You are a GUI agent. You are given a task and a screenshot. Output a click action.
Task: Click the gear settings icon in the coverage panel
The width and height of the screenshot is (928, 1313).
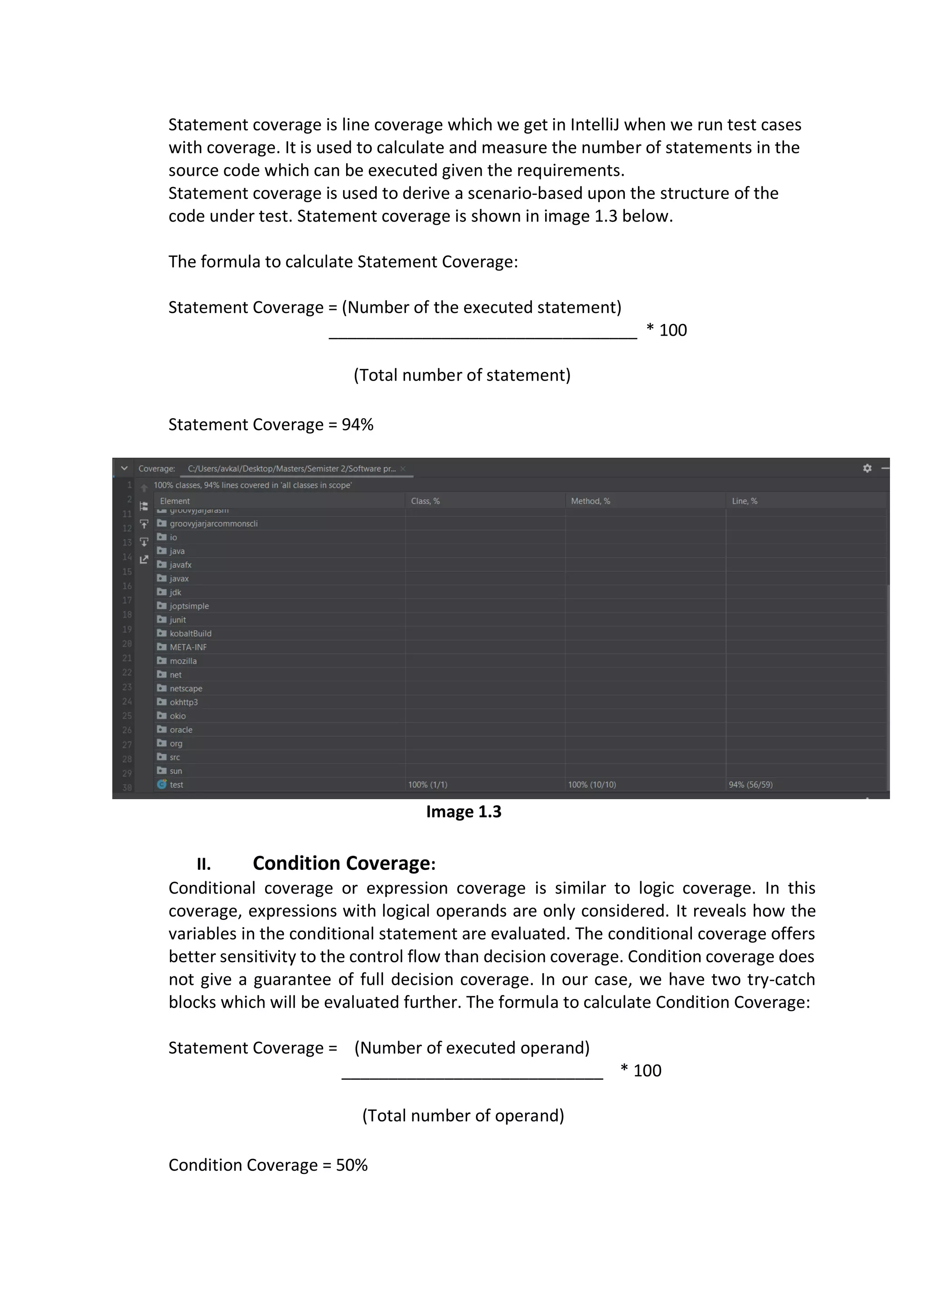pos(867,468)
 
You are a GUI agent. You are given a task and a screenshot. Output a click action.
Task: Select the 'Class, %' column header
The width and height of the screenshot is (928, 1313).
pos(425,501)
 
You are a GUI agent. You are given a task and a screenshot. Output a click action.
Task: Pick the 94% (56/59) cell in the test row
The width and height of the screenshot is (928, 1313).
pos(750,785)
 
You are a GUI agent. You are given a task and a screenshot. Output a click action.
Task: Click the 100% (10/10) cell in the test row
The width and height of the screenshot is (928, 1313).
pos(592,785)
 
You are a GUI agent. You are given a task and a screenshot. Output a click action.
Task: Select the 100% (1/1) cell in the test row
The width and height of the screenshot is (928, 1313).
pos(428,785)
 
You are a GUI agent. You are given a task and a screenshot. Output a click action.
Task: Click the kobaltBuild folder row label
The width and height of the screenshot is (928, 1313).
pos(190,634)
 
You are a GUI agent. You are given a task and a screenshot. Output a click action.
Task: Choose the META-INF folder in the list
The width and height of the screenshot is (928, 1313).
pos(188,647)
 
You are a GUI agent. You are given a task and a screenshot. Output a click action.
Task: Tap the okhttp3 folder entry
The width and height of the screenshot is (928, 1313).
pos(183,702)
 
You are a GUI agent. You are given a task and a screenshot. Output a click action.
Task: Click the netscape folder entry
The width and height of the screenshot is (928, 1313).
pos(185,689)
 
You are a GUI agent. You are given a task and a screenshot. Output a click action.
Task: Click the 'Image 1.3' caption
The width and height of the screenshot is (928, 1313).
pos(463,812)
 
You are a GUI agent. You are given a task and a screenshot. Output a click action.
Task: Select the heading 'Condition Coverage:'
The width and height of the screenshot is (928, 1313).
pos(343,864)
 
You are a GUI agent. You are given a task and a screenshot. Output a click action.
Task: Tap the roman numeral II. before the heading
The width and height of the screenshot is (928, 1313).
pos(203,864)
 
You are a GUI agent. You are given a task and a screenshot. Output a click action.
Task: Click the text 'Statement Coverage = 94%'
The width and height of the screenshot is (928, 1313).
pos(271,425)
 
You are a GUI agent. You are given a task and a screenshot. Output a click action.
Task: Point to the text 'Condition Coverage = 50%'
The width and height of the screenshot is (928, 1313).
pos(268,1165)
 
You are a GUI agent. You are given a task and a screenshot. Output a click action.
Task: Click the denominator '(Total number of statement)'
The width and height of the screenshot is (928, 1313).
pos(462,375)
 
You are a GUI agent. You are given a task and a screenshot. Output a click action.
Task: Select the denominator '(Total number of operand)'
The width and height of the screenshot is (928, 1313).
pos(463,1116)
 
